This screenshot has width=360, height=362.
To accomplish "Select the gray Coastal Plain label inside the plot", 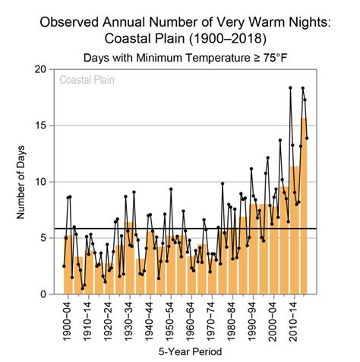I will tap(88, 80).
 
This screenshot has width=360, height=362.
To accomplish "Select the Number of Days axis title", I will tap(23, 183).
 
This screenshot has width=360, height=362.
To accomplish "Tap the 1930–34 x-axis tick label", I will tap(131, 319).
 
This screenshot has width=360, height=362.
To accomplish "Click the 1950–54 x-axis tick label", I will tap(171, 319).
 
